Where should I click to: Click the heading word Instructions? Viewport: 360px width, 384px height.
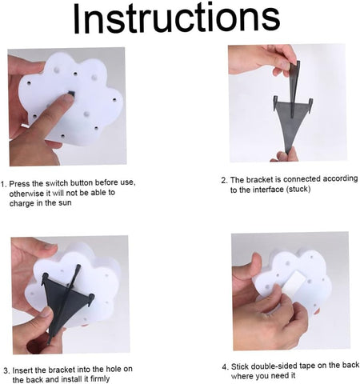click(177, 18)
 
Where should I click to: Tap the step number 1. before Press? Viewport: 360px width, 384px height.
click(3, 184)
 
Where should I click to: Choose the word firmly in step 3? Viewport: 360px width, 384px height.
click(100, 379)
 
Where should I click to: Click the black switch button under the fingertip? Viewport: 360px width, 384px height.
click(71, 94)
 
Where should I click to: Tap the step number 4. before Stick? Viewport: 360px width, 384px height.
click(226, 367)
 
